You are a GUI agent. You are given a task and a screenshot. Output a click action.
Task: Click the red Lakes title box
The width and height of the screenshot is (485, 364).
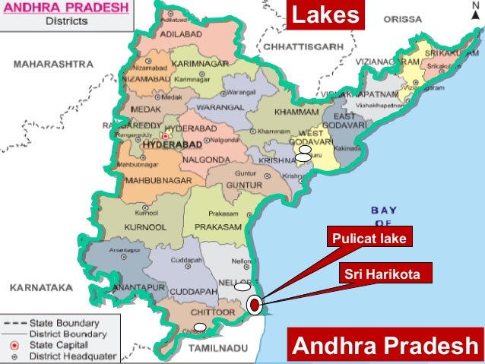(325, 14)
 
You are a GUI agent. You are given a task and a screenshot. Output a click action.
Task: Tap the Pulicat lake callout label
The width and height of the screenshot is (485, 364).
(369, 239)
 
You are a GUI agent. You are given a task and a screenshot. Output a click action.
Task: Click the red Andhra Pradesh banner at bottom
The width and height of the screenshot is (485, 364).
(385, 346)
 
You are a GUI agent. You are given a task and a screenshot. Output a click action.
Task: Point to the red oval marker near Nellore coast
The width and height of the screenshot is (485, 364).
(254, 305)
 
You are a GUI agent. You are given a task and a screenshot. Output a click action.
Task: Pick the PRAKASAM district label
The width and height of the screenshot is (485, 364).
(217, 226)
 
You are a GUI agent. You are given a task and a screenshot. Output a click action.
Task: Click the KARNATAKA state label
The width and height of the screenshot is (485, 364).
(41, 288)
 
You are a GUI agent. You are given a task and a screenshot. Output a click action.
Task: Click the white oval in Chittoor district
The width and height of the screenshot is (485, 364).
(199, 328)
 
